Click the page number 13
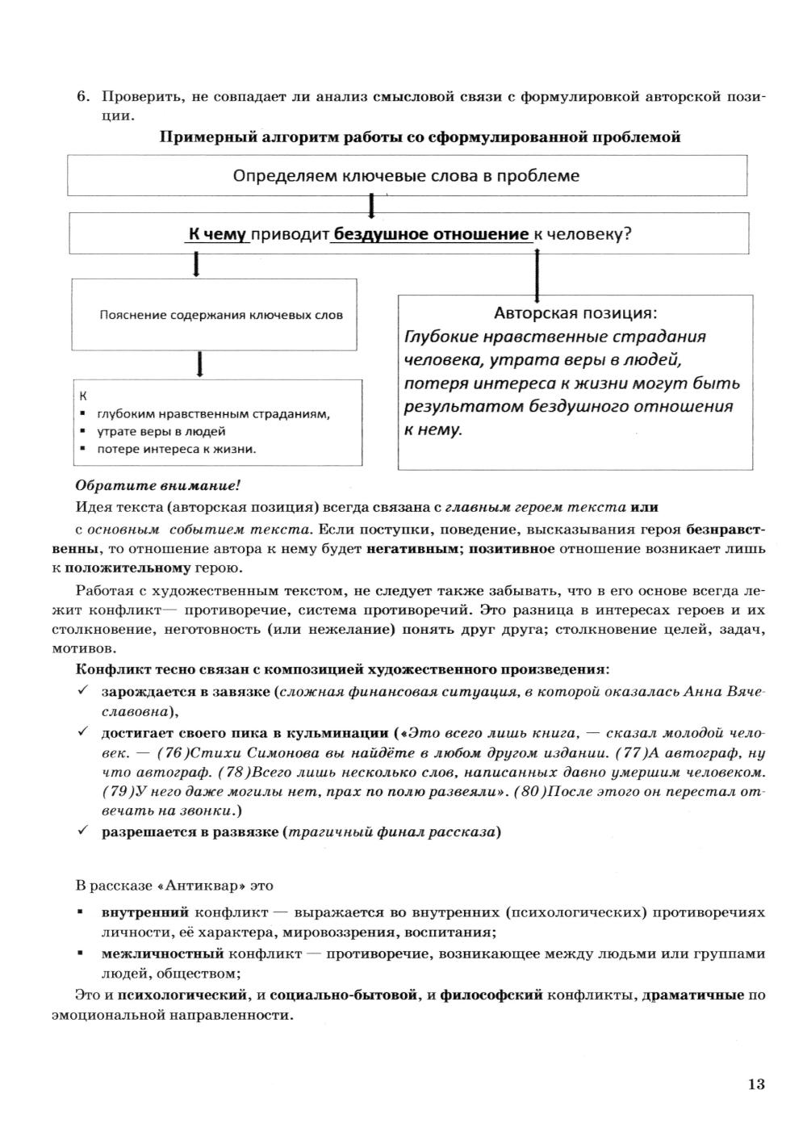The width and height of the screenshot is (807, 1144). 755,1084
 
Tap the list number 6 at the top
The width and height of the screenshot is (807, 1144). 82,97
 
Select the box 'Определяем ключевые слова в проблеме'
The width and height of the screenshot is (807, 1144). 406,176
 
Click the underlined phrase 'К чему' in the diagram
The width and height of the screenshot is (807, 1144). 216,234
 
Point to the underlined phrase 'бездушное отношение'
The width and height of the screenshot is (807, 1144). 431,234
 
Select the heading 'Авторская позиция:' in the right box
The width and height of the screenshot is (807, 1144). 575,312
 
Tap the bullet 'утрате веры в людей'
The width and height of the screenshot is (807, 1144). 161,431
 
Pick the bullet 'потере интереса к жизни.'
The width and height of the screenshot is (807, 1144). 176,449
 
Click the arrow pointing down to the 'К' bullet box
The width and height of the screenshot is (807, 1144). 199,365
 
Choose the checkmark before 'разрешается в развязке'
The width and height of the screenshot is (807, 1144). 83,831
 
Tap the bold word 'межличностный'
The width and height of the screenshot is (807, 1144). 162,953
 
